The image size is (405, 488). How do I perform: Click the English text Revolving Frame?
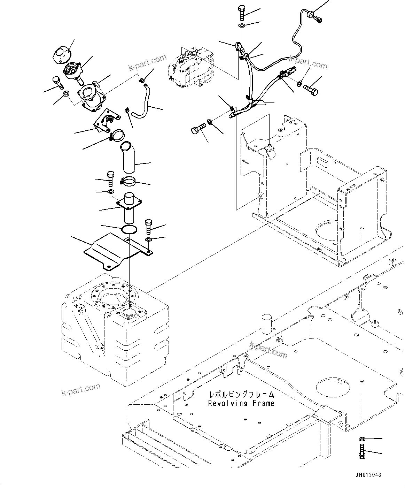(241, 403)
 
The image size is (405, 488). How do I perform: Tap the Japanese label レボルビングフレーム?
(241, 395)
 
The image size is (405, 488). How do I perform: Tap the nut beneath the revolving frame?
(362, 438)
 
